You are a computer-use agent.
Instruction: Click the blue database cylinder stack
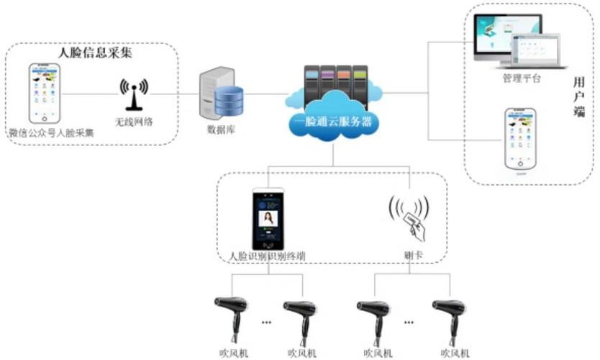point(229,101)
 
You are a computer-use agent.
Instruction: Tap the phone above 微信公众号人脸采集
point(44,94)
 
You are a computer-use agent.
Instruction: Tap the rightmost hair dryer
point(450,316)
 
